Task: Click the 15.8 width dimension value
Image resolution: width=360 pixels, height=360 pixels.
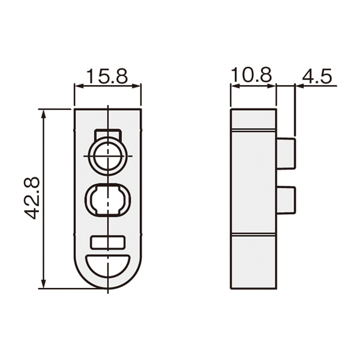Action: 107,76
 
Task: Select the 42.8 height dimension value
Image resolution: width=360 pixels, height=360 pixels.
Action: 32,198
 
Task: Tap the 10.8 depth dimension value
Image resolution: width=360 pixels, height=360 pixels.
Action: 251,74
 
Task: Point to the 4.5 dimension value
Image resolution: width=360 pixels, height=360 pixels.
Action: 317,76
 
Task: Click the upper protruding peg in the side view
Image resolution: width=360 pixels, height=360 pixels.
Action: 286,154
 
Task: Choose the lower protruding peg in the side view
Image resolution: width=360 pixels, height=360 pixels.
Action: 286,200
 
